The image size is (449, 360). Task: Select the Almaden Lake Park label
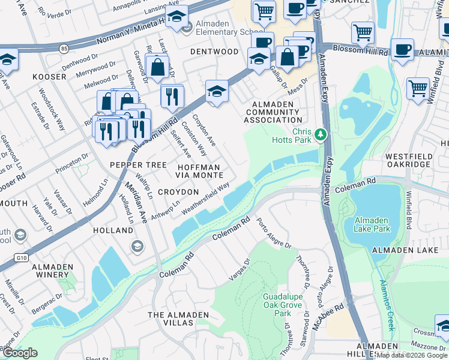[381, 224]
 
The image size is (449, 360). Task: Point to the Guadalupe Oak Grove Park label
[282, 305]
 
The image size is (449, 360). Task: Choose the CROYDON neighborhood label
[178, 192]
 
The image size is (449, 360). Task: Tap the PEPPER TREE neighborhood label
[134, 164]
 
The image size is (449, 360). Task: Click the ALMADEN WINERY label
[52, 271]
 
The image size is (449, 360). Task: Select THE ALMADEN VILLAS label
[178, 319]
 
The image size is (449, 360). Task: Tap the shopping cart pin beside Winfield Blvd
[418, 88]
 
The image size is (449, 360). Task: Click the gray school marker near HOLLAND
[137, 247]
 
